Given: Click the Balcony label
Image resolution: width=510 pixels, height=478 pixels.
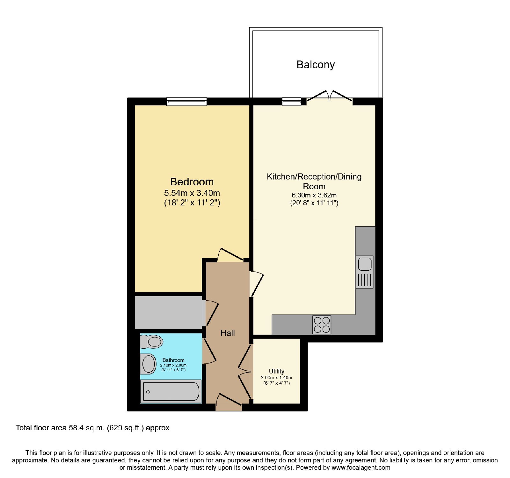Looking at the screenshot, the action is click(x=316, y=65).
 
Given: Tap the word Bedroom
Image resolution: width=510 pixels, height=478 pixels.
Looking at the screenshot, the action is click(x=192, y=182).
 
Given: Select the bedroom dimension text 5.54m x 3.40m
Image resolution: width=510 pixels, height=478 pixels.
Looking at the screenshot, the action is click(x=192, y=193).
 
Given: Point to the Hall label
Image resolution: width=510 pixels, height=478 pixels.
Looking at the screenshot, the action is click(x=228, y=333).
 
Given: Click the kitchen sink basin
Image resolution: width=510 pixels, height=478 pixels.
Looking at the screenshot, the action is click(x=365, y=264).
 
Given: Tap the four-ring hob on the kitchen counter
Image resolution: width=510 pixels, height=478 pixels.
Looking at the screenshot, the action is click(x=322, y=325).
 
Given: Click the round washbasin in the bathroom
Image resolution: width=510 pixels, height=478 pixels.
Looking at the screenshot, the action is click(x=149, y=364).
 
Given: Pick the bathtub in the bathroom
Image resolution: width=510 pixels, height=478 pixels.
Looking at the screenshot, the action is click(x=171, y=391).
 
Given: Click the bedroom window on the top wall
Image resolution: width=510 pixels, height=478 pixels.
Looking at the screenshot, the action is click(x=186, y=102).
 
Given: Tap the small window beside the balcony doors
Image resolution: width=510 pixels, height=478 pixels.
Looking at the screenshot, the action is click(x=292, y=102).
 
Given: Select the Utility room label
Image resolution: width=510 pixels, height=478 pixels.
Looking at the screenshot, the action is click(x=277, y=371).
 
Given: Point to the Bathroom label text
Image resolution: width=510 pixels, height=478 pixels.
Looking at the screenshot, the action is click(x=173, y=360).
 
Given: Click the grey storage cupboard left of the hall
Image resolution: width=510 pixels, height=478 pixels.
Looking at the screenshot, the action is click(x=169, y=313).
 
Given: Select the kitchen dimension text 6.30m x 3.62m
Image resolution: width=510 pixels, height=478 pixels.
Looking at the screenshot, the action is click(x=314, y=195).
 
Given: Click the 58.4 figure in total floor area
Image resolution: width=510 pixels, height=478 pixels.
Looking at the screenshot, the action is click(x=76, y=428).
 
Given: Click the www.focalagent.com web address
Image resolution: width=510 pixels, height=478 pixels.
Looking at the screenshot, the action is click(x=361, y=468).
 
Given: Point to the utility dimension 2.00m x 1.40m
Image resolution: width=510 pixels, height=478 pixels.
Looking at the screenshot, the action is click(x=277, y=378).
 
